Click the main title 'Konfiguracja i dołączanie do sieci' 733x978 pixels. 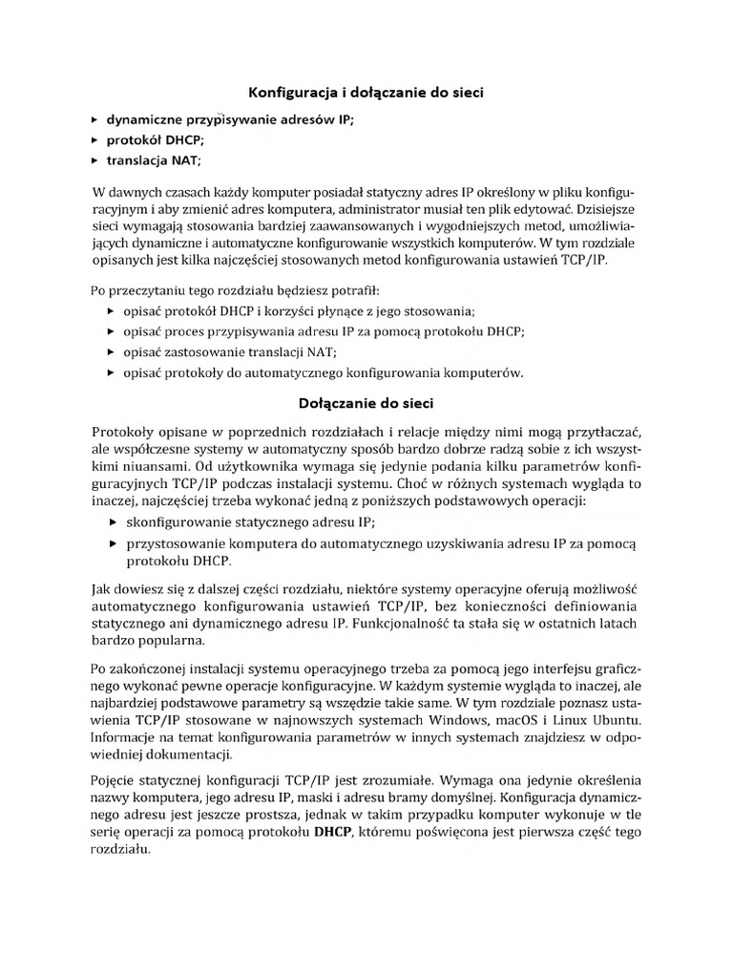[x=367, y=93]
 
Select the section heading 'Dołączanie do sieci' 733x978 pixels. [x=367, y=403]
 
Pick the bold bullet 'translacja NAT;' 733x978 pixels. [x=154, y=160]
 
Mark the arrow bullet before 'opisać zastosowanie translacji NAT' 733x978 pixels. [x=114, y=352]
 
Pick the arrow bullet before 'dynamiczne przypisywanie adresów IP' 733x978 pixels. [x=94, y=120]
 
